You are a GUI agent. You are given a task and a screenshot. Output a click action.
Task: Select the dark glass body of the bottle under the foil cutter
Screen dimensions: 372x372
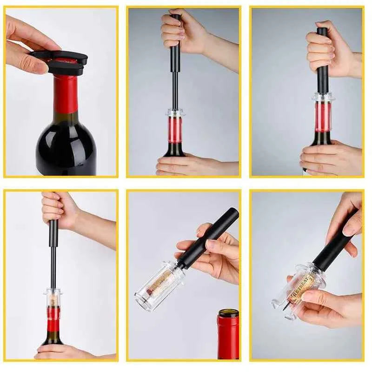pos(65,144)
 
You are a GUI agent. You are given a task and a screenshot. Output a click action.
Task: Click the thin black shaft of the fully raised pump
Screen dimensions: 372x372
pos(175,88)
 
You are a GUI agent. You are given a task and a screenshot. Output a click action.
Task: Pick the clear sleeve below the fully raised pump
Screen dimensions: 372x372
pos(175,128)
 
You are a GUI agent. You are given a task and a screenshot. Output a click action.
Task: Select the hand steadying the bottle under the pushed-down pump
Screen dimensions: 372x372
pos(330,158)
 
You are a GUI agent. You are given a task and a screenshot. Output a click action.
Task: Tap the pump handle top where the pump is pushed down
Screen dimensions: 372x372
pos(322,33)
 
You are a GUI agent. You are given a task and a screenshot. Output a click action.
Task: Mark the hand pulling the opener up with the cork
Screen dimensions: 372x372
pos(60,209)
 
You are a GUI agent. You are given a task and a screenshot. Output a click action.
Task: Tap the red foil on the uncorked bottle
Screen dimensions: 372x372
pos(228,337)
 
